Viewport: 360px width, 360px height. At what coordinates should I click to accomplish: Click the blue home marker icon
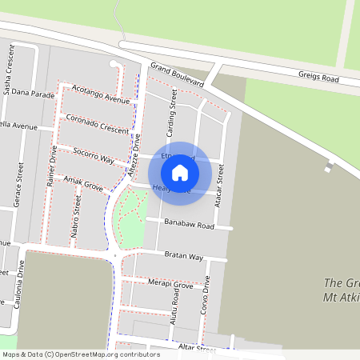click(x=180, y=172)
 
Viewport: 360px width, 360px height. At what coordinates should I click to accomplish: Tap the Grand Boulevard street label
click(x=177, y=76)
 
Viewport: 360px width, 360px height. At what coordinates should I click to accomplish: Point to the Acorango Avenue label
click(x=100, y=94)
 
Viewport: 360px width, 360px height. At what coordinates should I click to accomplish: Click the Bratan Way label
click(x=184, y=256)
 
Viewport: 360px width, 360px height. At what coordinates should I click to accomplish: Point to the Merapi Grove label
click(x=170, y=284)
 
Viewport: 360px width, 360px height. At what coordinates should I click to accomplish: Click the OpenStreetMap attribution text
click(x=80, y=354)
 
